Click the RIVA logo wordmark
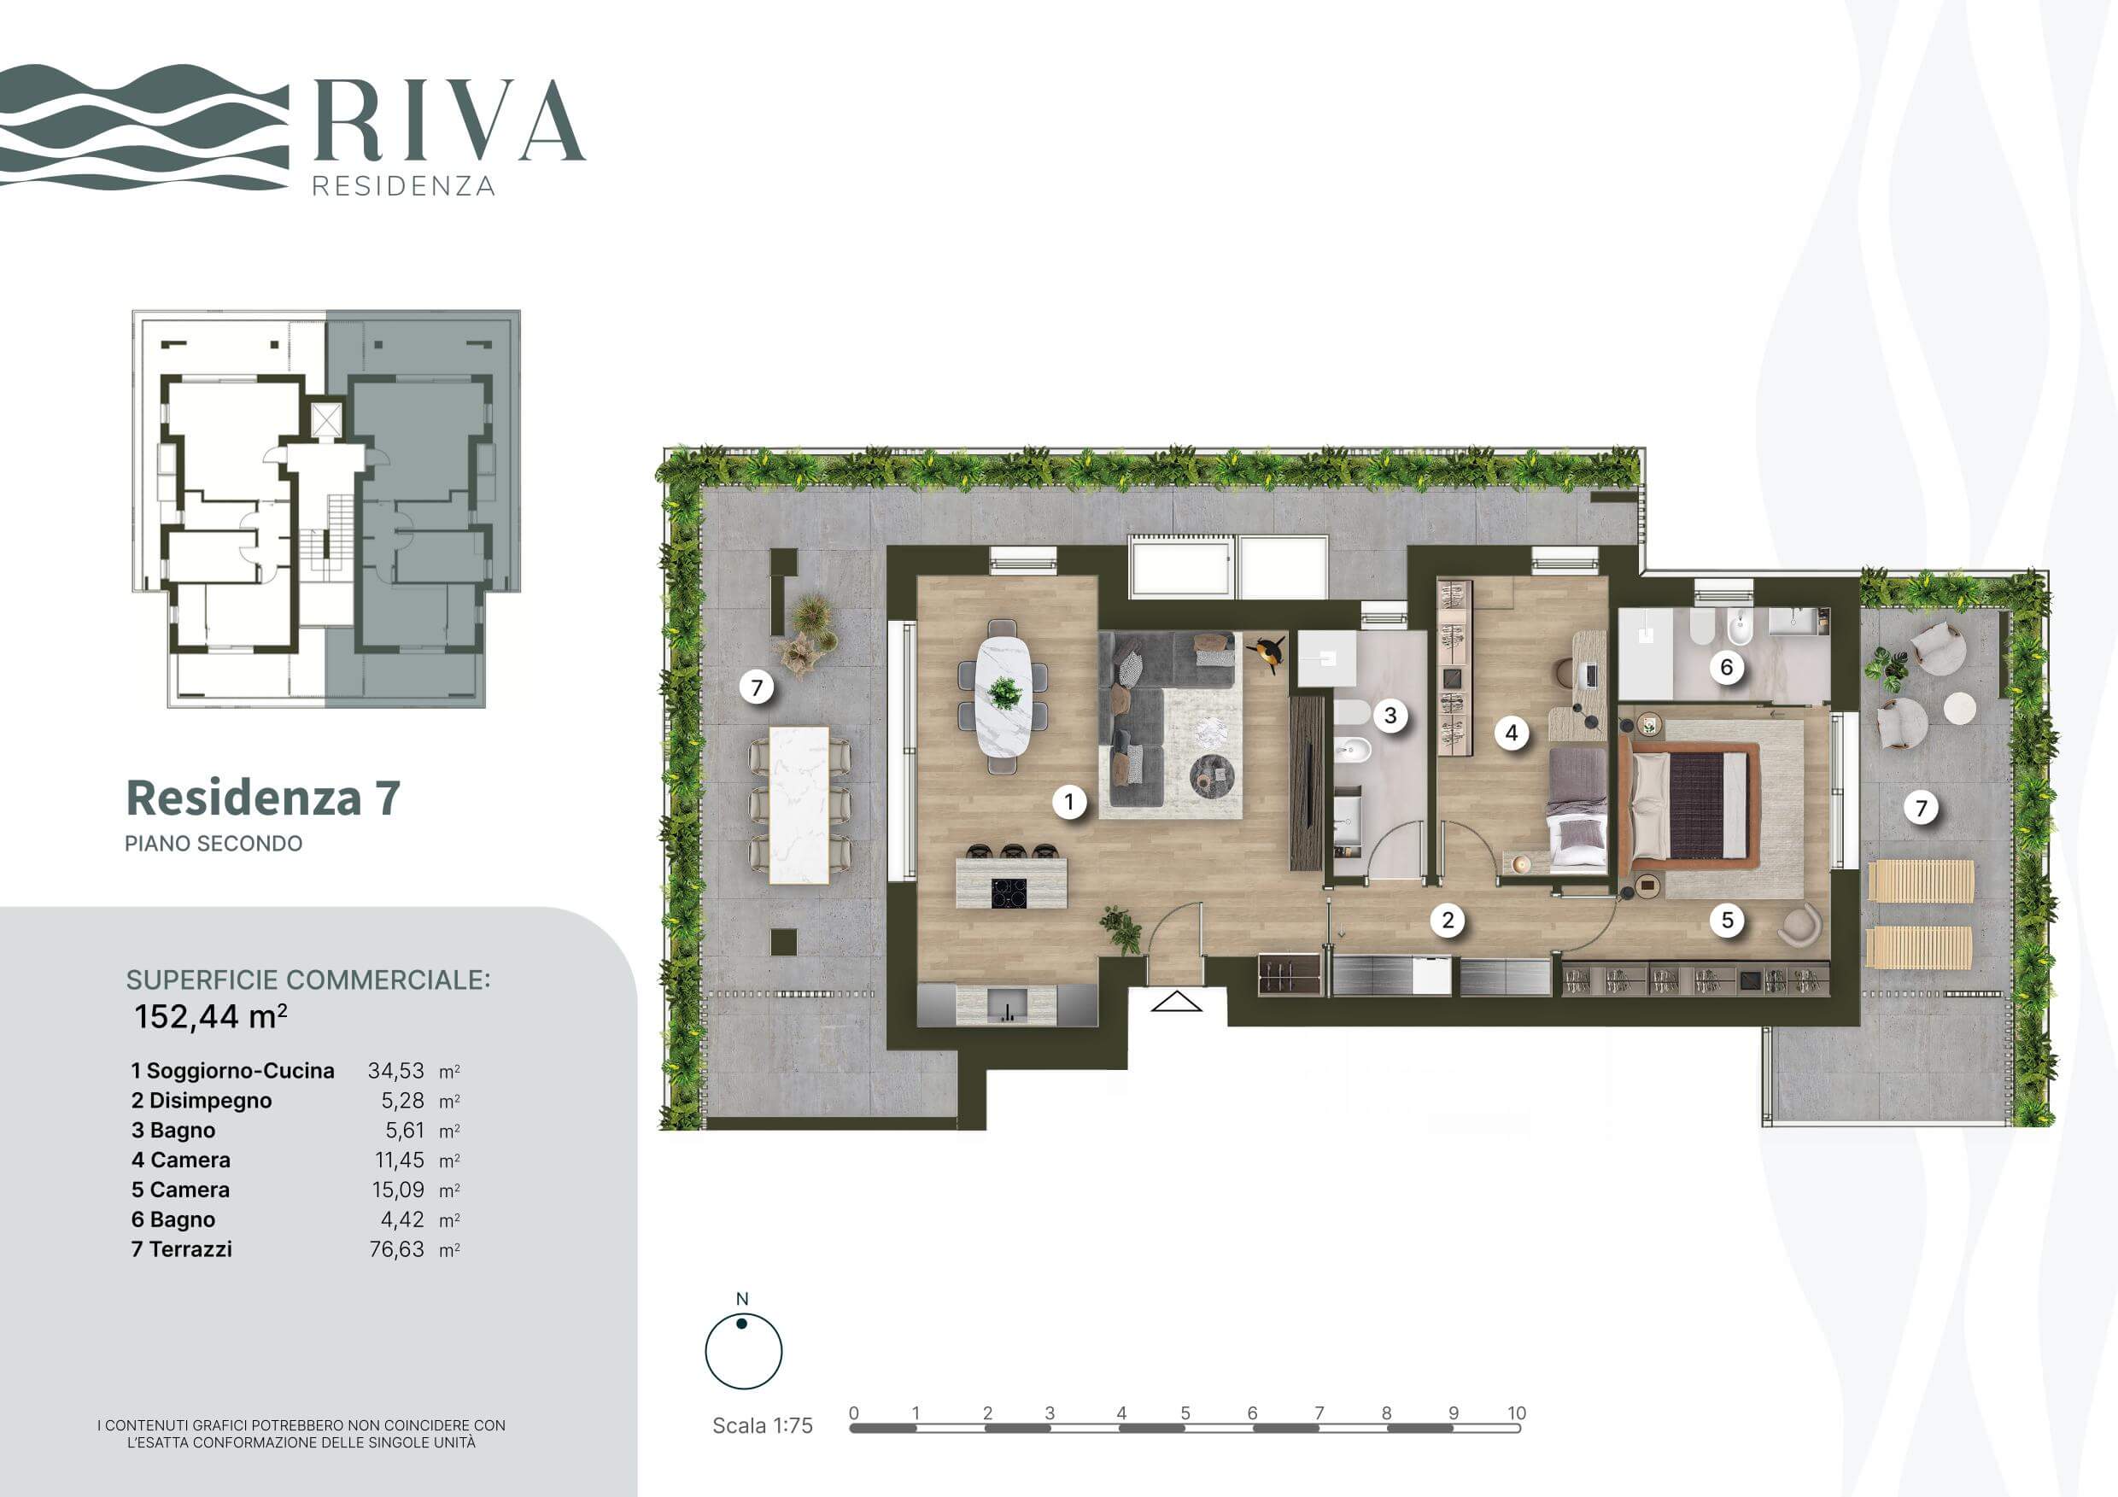point(449,120)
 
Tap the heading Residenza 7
point(263,798)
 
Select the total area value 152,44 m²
point(210,1016)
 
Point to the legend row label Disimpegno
point(210,1101)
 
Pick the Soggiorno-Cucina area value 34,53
point(395,1071)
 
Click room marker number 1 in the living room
point(1069,802)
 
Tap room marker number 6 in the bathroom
point(1727,667)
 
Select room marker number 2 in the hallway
point(1448,920)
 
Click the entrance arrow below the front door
point(1176,1001)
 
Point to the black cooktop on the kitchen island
point(1009,894)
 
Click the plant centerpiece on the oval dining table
point(1003,692)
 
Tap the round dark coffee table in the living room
point(1212,775)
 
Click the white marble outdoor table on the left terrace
point(799,805)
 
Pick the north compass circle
point(744,1351)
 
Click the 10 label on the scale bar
point(1517,1412)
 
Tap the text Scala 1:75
point(762,1425)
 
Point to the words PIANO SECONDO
point(214,843)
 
